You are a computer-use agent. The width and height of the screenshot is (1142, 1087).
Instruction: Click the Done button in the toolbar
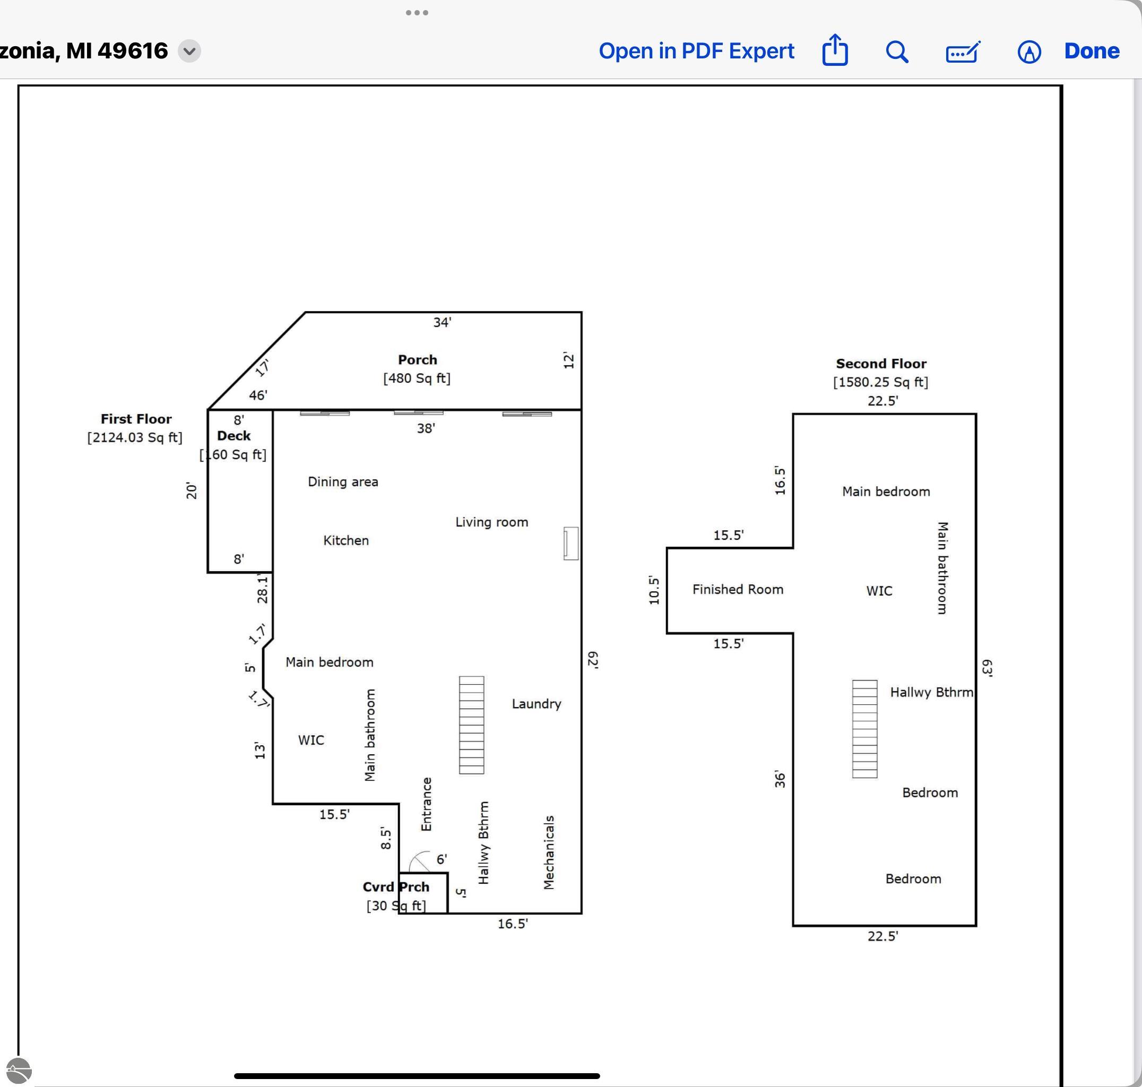point(1092,51)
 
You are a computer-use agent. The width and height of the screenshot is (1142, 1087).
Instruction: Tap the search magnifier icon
point(897,51)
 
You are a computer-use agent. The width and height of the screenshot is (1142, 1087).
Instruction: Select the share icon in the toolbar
point(835,50)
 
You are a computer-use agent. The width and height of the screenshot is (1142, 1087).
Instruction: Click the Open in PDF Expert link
point(696,51)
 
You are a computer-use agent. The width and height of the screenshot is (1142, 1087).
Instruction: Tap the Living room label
point(491,522)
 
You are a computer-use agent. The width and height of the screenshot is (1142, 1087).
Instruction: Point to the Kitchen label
point(346,540)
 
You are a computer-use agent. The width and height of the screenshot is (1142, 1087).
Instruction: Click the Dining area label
point(343,481)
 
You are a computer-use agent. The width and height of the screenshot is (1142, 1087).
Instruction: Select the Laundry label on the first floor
point(537,704)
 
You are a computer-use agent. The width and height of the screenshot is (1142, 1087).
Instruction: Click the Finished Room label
point(738,589)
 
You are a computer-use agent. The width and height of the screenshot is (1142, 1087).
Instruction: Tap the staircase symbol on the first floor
point(472,725)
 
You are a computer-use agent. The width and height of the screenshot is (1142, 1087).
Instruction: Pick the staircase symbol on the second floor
point(864,729)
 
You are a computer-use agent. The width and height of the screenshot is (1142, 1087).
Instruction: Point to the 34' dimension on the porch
point(442,322)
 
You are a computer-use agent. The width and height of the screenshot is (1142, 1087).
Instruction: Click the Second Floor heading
point(881,364)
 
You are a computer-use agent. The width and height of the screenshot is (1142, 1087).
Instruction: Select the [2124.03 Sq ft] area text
point(135,437)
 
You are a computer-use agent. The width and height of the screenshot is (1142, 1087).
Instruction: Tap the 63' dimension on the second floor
point(987,668)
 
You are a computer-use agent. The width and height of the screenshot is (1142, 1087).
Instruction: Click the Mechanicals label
point(549,852)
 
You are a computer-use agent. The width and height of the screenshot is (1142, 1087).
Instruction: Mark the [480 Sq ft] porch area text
point(417,378)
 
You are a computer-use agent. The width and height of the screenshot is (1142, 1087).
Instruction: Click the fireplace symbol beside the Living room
point(570,543)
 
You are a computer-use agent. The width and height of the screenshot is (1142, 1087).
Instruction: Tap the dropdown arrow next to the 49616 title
point(189,51)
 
